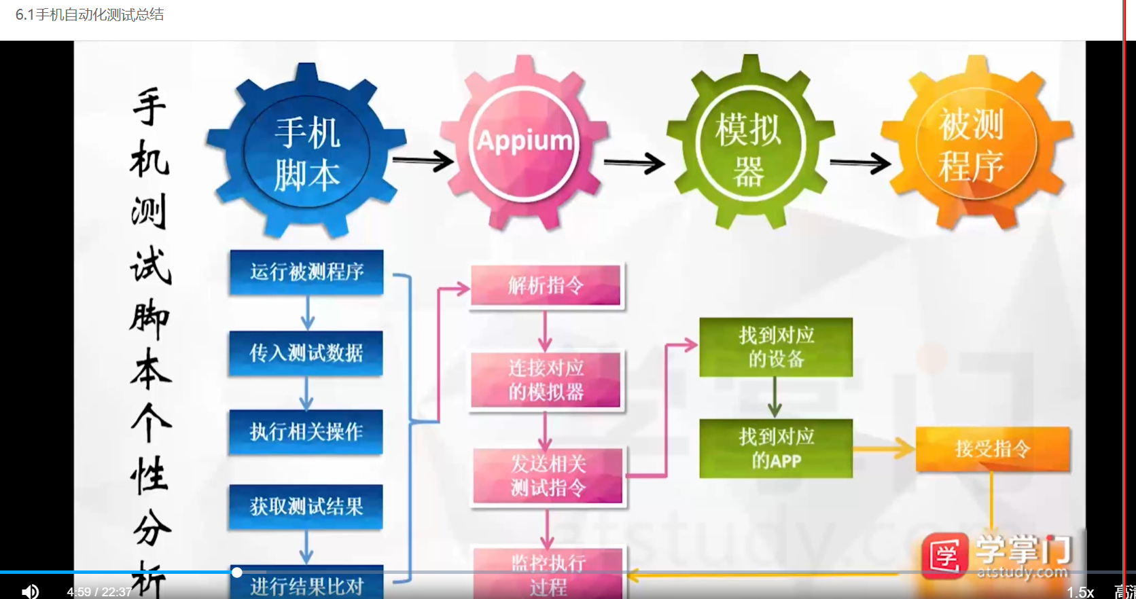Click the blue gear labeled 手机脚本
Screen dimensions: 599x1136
click(x=306, y=153)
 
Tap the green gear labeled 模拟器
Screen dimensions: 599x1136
click(x=749, y=147)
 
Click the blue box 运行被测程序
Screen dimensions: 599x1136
click(x=306, y=272)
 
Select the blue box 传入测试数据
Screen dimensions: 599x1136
click(x=306, y=352)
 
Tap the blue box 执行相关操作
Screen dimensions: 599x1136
click(x=306, y=431)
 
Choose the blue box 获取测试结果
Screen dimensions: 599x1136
click(x=306, y=506)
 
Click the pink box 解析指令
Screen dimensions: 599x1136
click(x=546, y=285)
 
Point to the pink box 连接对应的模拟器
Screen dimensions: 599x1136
click(x=546, y=380)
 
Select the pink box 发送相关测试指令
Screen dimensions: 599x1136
click(x=548, y=475)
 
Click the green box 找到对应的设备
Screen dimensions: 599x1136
click(x=776, y=346)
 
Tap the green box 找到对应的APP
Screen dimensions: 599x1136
click(x=776, y=448)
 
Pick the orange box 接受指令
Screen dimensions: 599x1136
click(x=993, y=448)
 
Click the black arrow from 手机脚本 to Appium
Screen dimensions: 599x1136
click(x=423, y=161)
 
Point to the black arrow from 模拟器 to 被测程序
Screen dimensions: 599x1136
click(x=860, y=163)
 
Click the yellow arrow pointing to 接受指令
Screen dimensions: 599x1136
click(x=883, y=448)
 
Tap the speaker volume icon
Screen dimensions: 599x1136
click(x=30, y=592)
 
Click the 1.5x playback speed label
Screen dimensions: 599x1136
click(x=1080, y=592)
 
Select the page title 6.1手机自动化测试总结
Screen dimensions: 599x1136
click(x=90, y=15)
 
